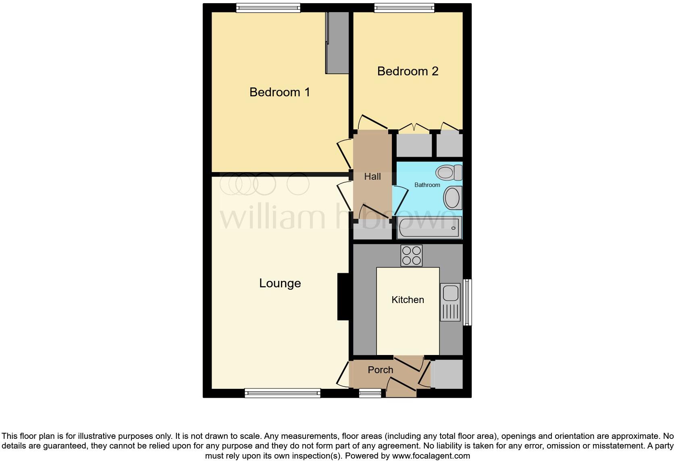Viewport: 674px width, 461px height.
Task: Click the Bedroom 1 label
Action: pos(280,92)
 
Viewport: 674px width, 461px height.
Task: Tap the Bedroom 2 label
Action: pos(408,71)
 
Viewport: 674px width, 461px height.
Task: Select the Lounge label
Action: pos(280,283)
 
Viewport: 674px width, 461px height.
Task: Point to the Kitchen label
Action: pos(408,300)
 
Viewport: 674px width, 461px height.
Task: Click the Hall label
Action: pos(372,177)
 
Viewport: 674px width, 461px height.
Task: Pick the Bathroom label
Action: pos(427,185)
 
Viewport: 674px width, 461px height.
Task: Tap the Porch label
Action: pos(380,370)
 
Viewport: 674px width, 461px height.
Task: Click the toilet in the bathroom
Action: pos(449,172)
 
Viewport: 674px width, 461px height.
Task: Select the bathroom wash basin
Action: pos(452,198)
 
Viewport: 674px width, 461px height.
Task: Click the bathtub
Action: pos(429,228)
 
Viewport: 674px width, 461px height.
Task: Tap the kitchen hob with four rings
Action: pos(411,255)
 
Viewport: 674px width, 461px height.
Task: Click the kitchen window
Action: pos(467,302)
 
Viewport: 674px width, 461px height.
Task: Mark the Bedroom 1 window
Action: pos(268,8)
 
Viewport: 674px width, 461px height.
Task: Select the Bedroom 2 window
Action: pos(404,8)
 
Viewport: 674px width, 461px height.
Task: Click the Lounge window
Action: pos(282,393)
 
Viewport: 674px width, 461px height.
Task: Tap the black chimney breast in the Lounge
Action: pos(343,297)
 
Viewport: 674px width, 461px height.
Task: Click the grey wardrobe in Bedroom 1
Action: pos(337,42)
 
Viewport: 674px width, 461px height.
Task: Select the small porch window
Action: pos(370,393)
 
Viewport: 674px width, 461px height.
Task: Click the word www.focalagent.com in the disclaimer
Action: pos(431,456)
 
